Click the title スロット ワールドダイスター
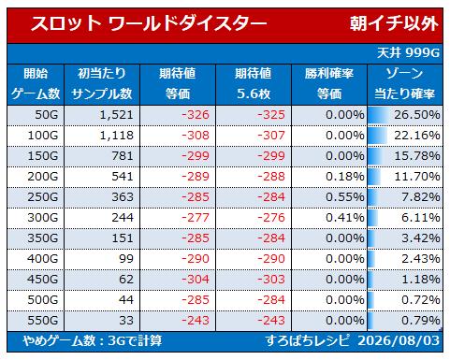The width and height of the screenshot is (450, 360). pos(149,24)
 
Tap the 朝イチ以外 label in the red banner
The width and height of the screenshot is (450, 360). pos(394,24)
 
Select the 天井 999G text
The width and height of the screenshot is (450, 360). pos(408,53)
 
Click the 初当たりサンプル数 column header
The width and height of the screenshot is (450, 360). pos(102,84)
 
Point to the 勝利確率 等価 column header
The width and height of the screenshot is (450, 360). pos(329,84)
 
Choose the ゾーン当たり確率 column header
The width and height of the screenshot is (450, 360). pos(405,84)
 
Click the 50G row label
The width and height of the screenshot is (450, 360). pos(47,115)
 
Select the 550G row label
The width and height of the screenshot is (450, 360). pos(43,321)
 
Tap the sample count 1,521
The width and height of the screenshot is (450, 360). pos(116,115)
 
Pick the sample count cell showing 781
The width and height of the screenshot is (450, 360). pos(123,156)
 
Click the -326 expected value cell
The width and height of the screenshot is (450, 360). pos(196,115)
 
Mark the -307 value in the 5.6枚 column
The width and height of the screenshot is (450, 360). pos(271,136)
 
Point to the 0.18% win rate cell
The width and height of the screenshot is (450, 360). pos(345,177)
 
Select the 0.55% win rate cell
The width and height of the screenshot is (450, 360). pos(345,197)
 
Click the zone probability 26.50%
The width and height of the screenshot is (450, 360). pos(417,115)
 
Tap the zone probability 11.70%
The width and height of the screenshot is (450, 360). pos(417,177)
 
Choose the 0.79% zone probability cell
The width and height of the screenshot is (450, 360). pos(421,321)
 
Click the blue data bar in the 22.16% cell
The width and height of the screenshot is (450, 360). pos(378,136)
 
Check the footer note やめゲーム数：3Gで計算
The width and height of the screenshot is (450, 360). pos(93,340)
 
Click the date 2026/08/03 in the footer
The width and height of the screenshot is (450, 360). pos(399,340)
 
